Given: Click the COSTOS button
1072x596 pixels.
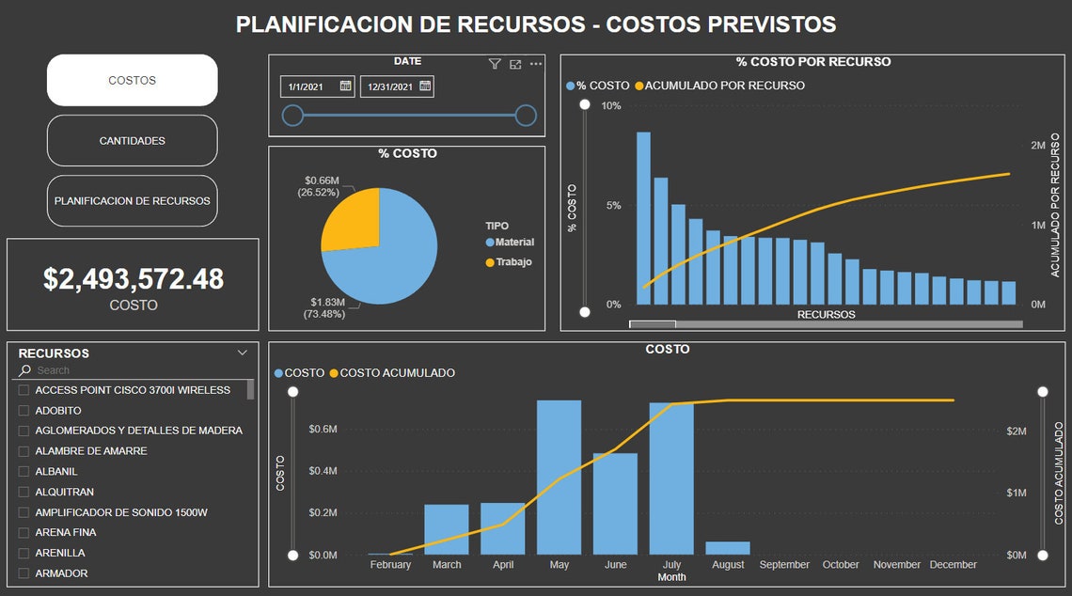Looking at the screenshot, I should point(132,80).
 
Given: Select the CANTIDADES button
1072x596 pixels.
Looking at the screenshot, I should point(132,141).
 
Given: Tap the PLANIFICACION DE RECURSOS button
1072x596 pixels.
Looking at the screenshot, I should point(132,200).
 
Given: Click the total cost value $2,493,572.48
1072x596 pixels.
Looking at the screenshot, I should point(134,278).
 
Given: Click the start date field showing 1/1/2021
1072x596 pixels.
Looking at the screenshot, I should point(307,86).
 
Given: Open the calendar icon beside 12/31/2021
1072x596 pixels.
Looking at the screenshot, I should point(425,86).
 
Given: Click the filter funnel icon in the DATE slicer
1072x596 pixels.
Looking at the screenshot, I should point(495,64).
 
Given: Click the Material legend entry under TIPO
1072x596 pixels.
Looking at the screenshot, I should point(513,243).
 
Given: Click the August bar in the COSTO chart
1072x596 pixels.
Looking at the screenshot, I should point(728,548).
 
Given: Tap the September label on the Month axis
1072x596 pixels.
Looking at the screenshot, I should point(784,565).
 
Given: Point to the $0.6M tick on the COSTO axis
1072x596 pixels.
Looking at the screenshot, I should point(323,429).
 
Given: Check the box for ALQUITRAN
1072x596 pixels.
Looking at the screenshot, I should point(24,492).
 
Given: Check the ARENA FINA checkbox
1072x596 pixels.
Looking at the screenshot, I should point(24,532).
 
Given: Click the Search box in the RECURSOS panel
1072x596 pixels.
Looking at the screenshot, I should point(132,370).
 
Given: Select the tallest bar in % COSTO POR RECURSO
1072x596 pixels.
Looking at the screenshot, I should point(643,218).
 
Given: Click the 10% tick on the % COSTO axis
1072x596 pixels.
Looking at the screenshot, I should point(610,105).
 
